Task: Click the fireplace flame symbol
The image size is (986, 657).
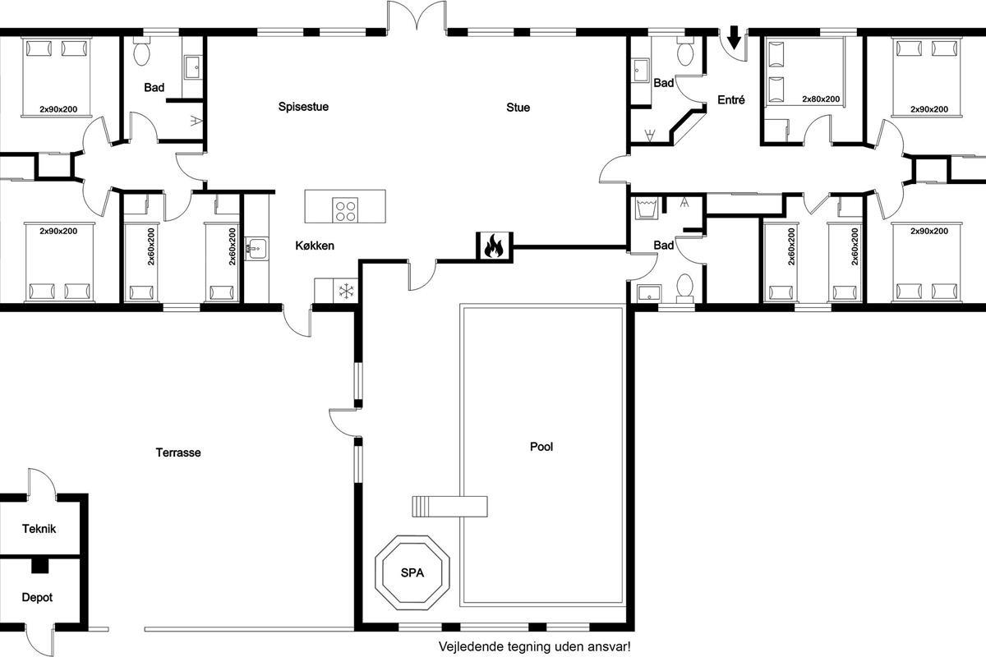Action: [x=494, y=246]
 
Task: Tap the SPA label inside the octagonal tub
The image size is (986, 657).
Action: [x=412, y=573]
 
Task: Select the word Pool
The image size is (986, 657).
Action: [x=541, y=447]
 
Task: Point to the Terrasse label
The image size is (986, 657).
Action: [x=178, y=453]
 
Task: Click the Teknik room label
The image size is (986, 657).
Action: [x=39, y=529]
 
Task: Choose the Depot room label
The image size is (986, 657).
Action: [x=37, y=598]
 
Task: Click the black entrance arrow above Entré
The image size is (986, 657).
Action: [x=734, y=38]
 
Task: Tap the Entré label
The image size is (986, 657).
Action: [x=731, y=100]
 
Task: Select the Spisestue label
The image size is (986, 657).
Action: [x=303, y=107]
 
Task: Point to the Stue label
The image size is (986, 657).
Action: [x=518, y=108]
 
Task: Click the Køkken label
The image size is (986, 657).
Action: [x=315, y=246]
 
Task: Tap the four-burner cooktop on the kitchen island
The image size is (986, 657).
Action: [x=345, y=210]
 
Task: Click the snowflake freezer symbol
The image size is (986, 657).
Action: [x=347, y=291]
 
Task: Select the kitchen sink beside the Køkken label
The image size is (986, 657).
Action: [x=256, y=249]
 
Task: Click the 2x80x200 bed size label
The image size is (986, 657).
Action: [x=821, y=99]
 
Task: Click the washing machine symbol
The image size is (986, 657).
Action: [x=646, y=208]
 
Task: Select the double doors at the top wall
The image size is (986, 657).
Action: [x=417, y=16]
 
